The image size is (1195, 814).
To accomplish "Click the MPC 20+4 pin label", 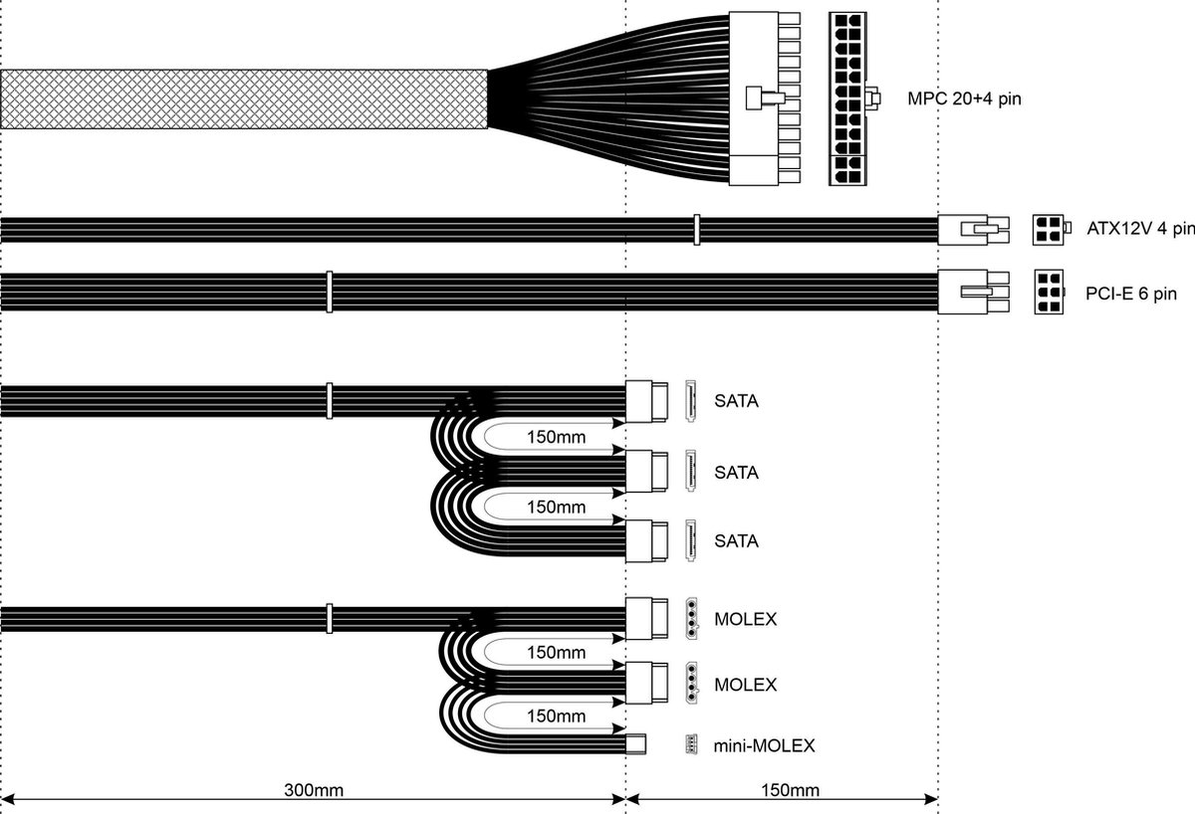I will click(964, 99).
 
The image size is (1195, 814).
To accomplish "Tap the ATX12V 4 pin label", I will click(1141, 230).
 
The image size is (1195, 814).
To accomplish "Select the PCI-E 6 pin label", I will click(1131, 294).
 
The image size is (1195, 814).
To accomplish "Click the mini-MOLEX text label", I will click(764, 744).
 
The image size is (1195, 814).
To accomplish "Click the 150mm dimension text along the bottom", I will click(790, 791).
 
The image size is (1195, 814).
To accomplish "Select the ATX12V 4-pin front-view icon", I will click(1047, 230).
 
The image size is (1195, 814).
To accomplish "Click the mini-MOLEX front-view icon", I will click(690, 744).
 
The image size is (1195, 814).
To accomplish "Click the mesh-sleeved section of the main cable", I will click(244, 100).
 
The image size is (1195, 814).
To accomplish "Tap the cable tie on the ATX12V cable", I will click(696, 230).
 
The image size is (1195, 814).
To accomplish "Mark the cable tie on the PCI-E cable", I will click(329, 292).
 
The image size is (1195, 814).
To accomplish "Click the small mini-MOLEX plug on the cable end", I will click(635, 743).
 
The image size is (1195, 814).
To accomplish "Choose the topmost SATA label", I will click(736, 402).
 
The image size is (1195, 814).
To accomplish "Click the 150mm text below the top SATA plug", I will click(556, 437).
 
